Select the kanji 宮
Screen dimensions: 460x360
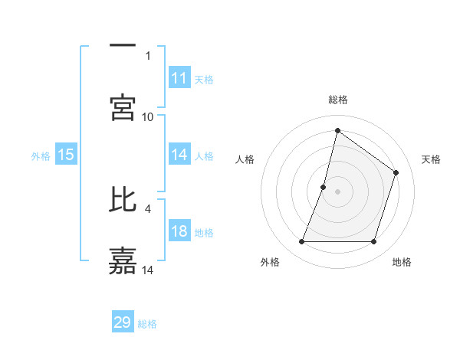[123, 106]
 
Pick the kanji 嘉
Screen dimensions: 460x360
[123, 260]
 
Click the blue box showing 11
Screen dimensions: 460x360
[179, 78]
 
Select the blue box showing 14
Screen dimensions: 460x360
[179, 155]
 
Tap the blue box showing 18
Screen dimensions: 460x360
[179, 231]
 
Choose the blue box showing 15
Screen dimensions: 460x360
[66, 155]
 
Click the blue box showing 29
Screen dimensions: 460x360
[123, 322]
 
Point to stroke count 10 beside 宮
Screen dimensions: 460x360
[148, 116]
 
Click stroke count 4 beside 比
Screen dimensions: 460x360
[148, 208]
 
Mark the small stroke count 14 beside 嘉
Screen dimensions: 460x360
[148, 270]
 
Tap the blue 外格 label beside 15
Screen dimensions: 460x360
[41, 155]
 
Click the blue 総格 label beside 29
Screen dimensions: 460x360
[147, 324]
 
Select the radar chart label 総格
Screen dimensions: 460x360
[338, 100]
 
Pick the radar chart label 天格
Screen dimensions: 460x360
[432, 159]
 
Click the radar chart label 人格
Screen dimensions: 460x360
[245, 159]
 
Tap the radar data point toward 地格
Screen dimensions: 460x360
[373, 242]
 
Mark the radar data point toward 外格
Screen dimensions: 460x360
[301, 242]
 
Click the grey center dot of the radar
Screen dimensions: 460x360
[337, 191]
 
